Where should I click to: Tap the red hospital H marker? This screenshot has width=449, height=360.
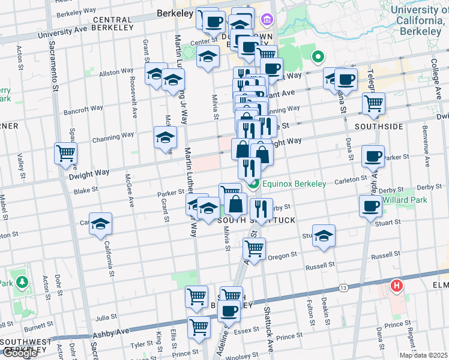pos(396,286)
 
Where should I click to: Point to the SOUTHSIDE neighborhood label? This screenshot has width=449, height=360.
pos(379,127)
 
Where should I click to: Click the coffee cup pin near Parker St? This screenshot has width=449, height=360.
pos(373,157)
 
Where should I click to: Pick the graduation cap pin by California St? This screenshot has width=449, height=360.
pos(101,223)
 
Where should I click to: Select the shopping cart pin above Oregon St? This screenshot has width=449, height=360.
pos(255,247)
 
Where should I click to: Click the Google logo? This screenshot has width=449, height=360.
pos(19,353)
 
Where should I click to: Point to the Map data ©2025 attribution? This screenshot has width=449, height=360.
pos(423,355)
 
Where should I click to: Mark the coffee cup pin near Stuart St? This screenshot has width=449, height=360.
pos(370,206)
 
